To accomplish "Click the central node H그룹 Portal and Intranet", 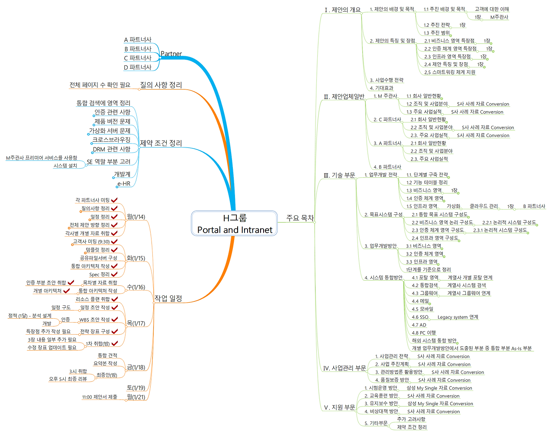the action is point(234,224).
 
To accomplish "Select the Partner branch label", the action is point(171,54).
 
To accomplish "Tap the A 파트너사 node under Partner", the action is point(138,40).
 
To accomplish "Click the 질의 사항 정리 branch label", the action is point(161,85).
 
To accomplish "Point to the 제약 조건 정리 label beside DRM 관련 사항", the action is point(161,143).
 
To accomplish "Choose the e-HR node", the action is point(124,184).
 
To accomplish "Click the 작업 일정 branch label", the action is point(168,298).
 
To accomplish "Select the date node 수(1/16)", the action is point(136,287).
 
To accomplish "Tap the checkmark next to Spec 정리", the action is point(114,274).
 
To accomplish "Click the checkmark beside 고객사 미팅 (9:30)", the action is point(114,241).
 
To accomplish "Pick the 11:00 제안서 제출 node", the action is point(100,397).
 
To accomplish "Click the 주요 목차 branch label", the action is point(300,218).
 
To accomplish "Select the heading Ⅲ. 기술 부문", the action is point(339,175).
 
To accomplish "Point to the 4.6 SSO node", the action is point(420,317).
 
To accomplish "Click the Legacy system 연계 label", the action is point(458,317).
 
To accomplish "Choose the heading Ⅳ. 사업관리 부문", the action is point(345,368).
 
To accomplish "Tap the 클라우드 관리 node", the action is point(483,206).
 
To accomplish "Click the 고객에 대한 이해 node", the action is point(492,9).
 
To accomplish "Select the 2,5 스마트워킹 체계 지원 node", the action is point(450,72).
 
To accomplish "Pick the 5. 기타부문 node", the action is point(376,423).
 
